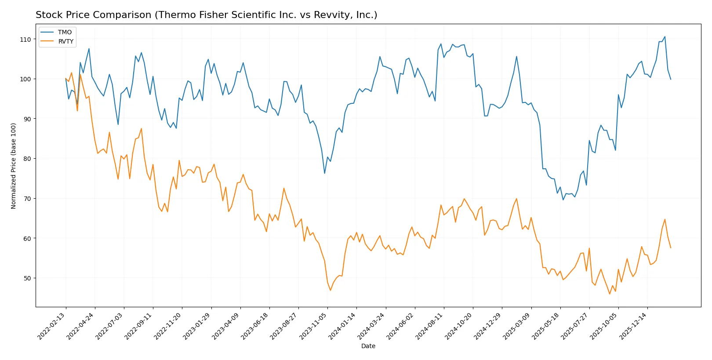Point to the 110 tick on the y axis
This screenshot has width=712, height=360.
tap(25, 40)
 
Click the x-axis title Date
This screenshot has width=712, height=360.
tap(368, 346)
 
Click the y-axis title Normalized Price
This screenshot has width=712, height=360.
tap(14, 166)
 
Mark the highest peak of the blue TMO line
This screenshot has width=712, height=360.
tap(665, 36)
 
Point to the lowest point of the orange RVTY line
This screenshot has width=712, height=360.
tap(610, 294)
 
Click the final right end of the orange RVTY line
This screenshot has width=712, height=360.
tap(671, 248)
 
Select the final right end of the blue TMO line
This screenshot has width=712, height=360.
tap(671, 79)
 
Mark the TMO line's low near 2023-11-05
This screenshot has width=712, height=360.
tap(325, 173)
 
